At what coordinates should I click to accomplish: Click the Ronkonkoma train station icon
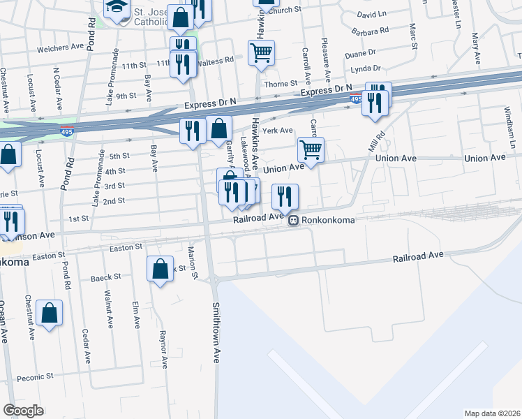tap(294, 220)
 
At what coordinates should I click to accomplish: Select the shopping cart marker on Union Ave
tap(311, 149)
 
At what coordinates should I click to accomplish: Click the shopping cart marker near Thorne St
tap(261, 52)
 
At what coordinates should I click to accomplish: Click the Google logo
tap(23, 411)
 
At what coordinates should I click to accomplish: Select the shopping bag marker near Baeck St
tap(160, 269)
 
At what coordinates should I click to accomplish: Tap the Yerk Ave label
tap(278, 130)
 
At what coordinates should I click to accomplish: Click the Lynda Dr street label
tap(366, 68)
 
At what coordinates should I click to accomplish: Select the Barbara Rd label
tap(371, 31)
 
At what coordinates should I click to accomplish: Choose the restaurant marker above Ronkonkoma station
tap(284, 197)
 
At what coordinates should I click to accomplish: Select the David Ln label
tap(371, 14)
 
